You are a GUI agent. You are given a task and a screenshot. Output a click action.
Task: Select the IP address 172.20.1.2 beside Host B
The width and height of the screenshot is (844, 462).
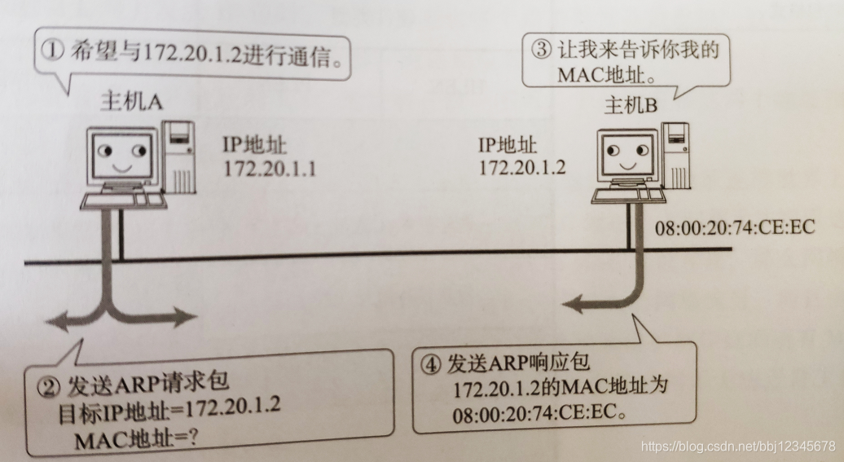tap(522, 167)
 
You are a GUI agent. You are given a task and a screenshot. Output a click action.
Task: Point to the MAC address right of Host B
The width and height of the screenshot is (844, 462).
tap(735, 227)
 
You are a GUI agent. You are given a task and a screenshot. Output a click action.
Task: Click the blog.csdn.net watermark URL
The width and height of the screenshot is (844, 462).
tap(738, 446)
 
